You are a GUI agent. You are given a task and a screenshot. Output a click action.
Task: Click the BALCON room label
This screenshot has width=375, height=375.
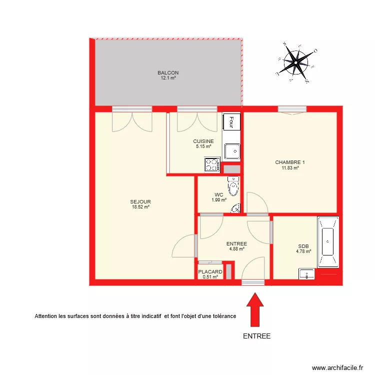click(168, 72)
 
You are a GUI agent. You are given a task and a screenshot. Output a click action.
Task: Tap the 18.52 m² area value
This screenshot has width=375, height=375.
click(140, 207)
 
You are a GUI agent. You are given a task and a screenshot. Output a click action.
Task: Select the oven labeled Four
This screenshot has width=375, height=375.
click(231, 121)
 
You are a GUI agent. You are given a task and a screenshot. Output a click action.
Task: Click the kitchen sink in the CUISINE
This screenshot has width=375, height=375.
click(232, 151)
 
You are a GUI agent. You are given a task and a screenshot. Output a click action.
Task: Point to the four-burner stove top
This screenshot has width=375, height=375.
click(212, 164)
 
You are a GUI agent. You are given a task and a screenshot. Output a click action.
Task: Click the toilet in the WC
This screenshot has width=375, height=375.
click(233, 185)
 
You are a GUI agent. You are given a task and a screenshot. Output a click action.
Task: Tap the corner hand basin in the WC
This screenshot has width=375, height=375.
click(236, 208)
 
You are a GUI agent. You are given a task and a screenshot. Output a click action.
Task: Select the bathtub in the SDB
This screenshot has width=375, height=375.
click(328, 242)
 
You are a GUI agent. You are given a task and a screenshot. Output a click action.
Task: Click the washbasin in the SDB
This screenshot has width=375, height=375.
click(306, 274)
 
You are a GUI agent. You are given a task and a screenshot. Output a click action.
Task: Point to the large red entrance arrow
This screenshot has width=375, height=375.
click(255, 309)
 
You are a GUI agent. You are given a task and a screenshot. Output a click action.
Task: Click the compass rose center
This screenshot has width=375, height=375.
click(296, 62)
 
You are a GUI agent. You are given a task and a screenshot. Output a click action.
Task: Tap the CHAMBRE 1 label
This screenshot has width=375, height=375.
click(290, 162)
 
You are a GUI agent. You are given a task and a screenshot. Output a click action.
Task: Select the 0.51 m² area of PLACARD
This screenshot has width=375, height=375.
click(210, 277)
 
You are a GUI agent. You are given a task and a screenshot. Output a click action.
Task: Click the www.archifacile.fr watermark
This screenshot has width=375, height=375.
click(337, 367)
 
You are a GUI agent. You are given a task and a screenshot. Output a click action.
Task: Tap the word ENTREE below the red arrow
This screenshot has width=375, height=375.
click(256, 336)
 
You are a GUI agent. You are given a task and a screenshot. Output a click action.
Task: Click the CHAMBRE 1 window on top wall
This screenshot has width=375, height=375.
click(292, 109)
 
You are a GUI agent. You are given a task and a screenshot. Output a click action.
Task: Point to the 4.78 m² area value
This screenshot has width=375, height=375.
click(303, 251)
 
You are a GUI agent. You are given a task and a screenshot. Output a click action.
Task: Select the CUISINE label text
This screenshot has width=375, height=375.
click(203, 141)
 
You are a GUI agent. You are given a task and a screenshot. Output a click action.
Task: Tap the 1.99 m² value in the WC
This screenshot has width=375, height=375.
click(219, 200)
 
